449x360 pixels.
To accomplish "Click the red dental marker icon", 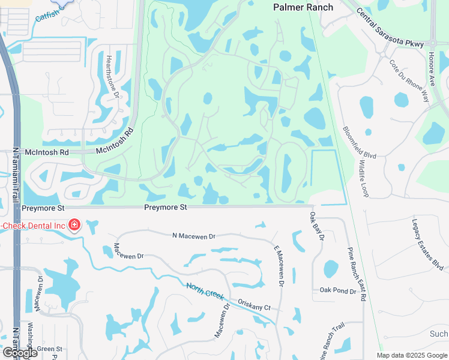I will [x=74, y=225].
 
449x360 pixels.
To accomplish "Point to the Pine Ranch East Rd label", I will [x=357, y=274].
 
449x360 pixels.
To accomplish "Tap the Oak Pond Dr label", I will [x=337, y=290].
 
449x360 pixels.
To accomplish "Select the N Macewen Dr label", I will [x=193, y=237].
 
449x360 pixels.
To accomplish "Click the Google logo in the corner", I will [x=20, y=353].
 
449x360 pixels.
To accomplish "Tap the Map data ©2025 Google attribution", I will [x=412, y=355].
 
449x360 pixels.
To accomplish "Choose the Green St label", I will [x=49, y=349].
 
